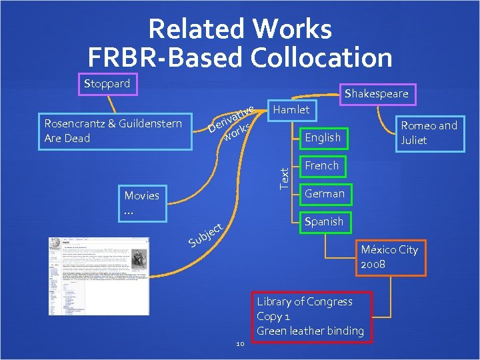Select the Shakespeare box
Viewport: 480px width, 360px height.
[377, 94]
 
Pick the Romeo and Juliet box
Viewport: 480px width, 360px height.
[428, 133]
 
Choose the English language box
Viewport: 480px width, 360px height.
[322, 137]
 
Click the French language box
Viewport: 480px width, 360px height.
[321, 165]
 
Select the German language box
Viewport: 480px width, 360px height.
[324, 193]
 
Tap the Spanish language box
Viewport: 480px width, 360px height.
[323, 221]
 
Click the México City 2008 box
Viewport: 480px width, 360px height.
[389, 257]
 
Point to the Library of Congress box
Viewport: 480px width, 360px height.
[311, 316]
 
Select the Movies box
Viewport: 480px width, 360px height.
[142, 203]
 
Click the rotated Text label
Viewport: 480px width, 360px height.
[284, 177]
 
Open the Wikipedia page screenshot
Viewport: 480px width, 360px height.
[99, 276]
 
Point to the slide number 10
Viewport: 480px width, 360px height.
[241, 343]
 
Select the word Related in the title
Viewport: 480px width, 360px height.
[198, 29]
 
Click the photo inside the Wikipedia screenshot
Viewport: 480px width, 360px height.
[139, 259]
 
